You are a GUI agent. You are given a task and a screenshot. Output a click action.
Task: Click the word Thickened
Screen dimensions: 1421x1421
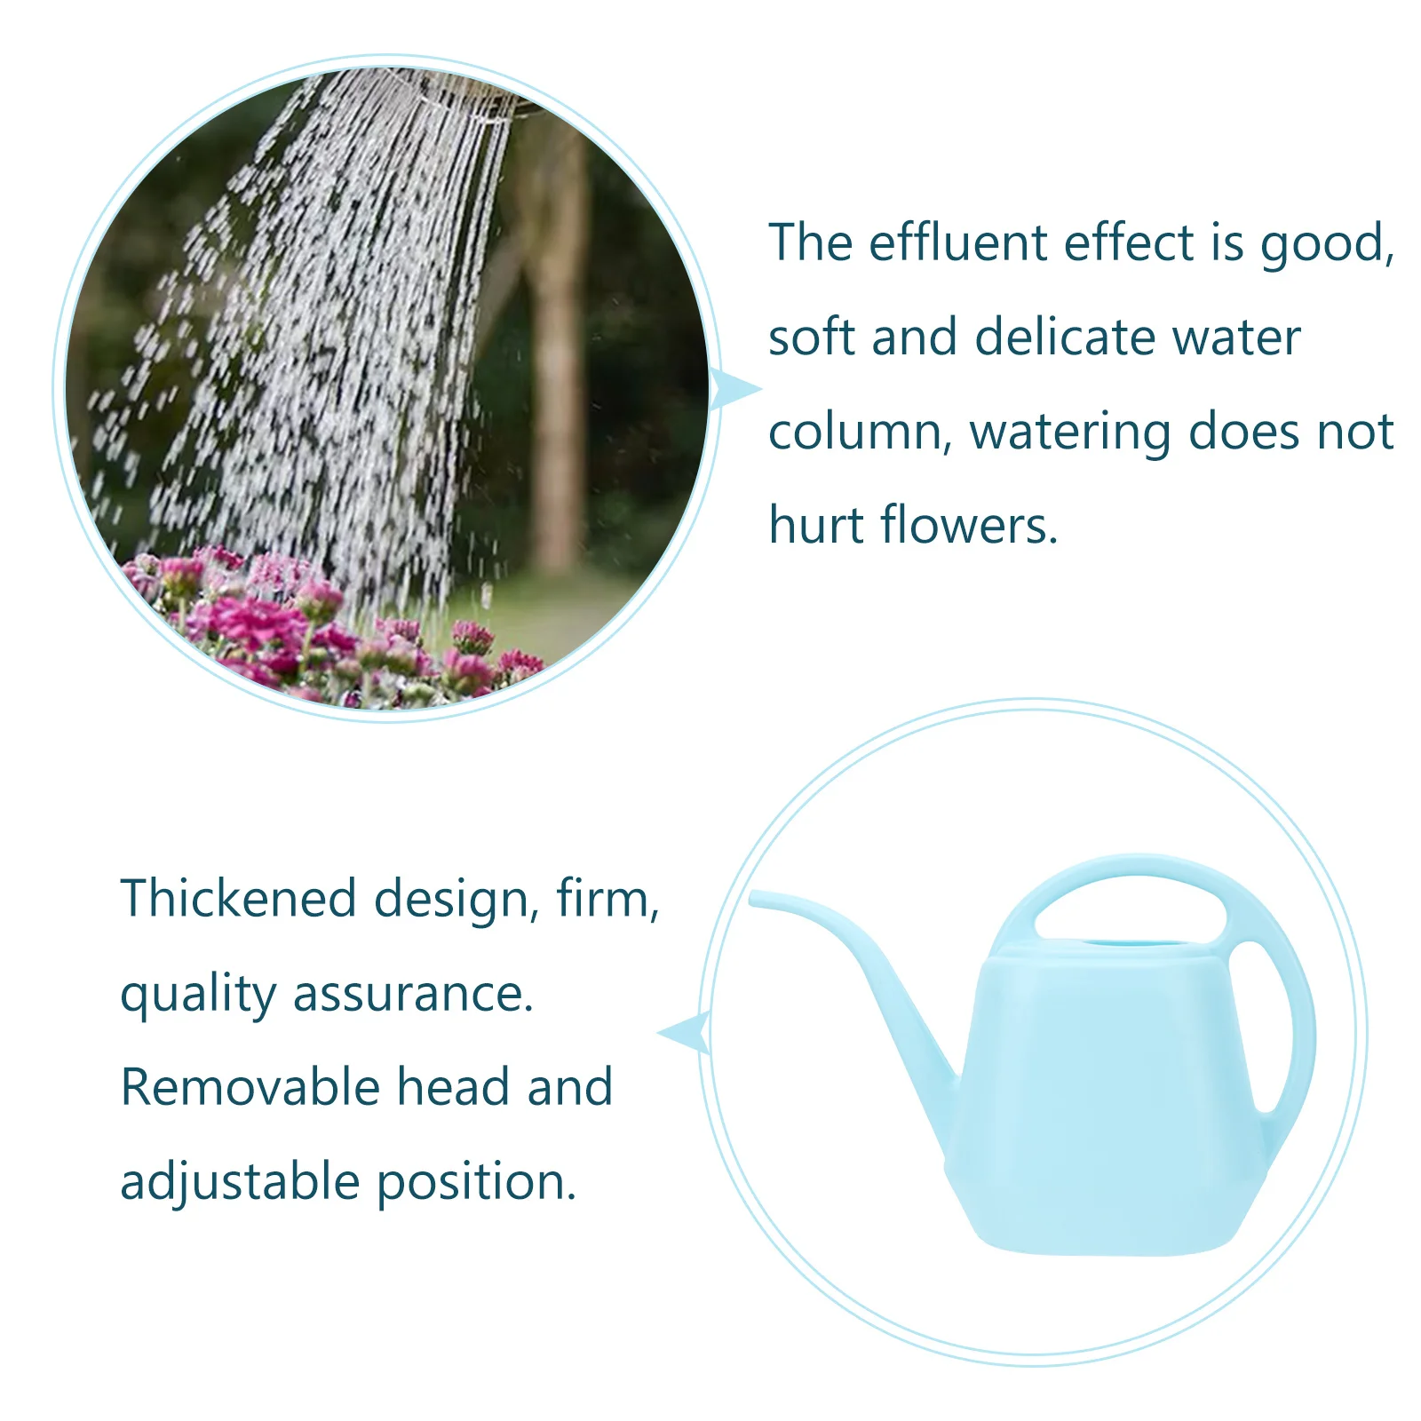[x=238, y=899]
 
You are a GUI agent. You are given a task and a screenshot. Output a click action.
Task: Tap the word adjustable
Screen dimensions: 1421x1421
[x=240, y=1183]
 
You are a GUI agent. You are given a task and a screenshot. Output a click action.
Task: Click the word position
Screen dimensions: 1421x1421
[x=476, y=1183]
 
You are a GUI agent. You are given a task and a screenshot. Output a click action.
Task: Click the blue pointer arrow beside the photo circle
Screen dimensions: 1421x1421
[x=734, y=389]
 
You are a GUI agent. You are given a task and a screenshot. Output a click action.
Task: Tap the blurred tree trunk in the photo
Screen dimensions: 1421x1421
[x=560, y=373]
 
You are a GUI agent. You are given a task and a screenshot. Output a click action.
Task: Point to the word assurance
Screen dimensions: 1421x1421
[x=414, y=995]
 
